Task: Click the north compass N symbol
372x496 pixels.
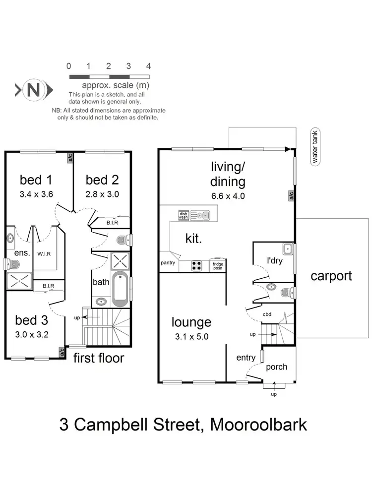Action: pyautogui.click(x=34, y=90)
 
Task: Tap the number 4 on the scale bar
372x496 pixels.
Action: pyautogui.click(x=148, y=66)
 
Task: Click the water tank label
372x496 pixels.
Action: pyautogui.click(x=314, y=146)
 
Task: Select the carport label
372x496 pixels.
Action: pyautogui.click(x=331, y=276)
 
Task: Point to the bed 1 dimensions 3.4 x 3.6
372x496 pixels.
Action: pyautogui.click(x=36, y=194)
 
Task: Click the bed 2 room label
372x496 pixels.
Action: pyautogui.click(x=102, y=180)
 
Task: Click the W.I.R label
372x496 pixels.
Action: pyautogui.click(x=43, y=254)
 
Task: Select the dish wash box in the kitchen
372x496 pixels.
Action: pyautogui.click(x=185, y=215)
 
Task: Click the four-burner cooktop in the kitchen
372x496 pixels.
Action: pyautogui.click(x=196, y=265)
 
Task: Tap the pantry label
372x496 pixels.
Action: pyautogui.click(x=167, y=263)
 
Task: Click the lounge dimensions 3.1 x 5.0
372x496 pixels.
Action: pyautogui.click(x=191, y=336)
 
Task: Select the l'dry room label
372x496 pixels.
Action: pyautogui.click(x=275, y=260)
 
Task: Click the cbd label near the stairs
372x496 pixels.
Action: pyautogui.click(x=267, y=314)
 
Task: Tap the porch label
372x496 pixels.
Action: pyautogui.click(x=277, y=367)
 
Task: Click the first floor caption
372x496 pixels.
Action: pyautogui.click(x=99, y=358)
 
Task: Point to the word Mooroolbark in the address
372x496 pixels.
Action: pyautogui.click(x=258, y=425)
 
